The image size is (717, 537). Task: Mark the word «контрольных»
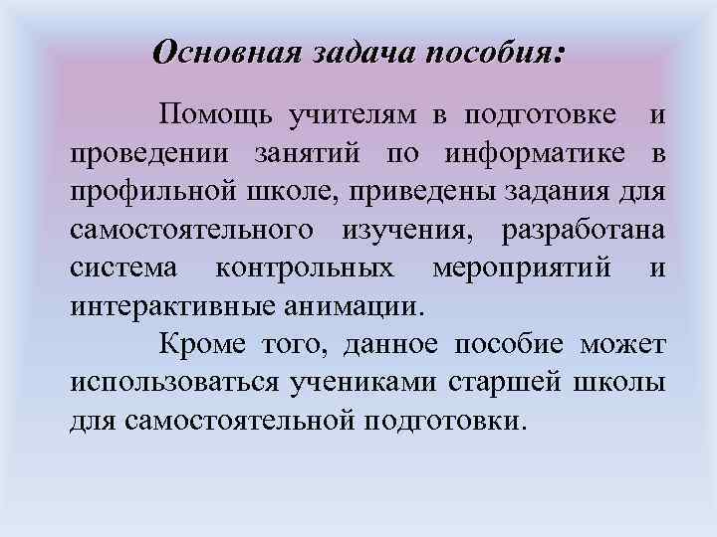[305, 268]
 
